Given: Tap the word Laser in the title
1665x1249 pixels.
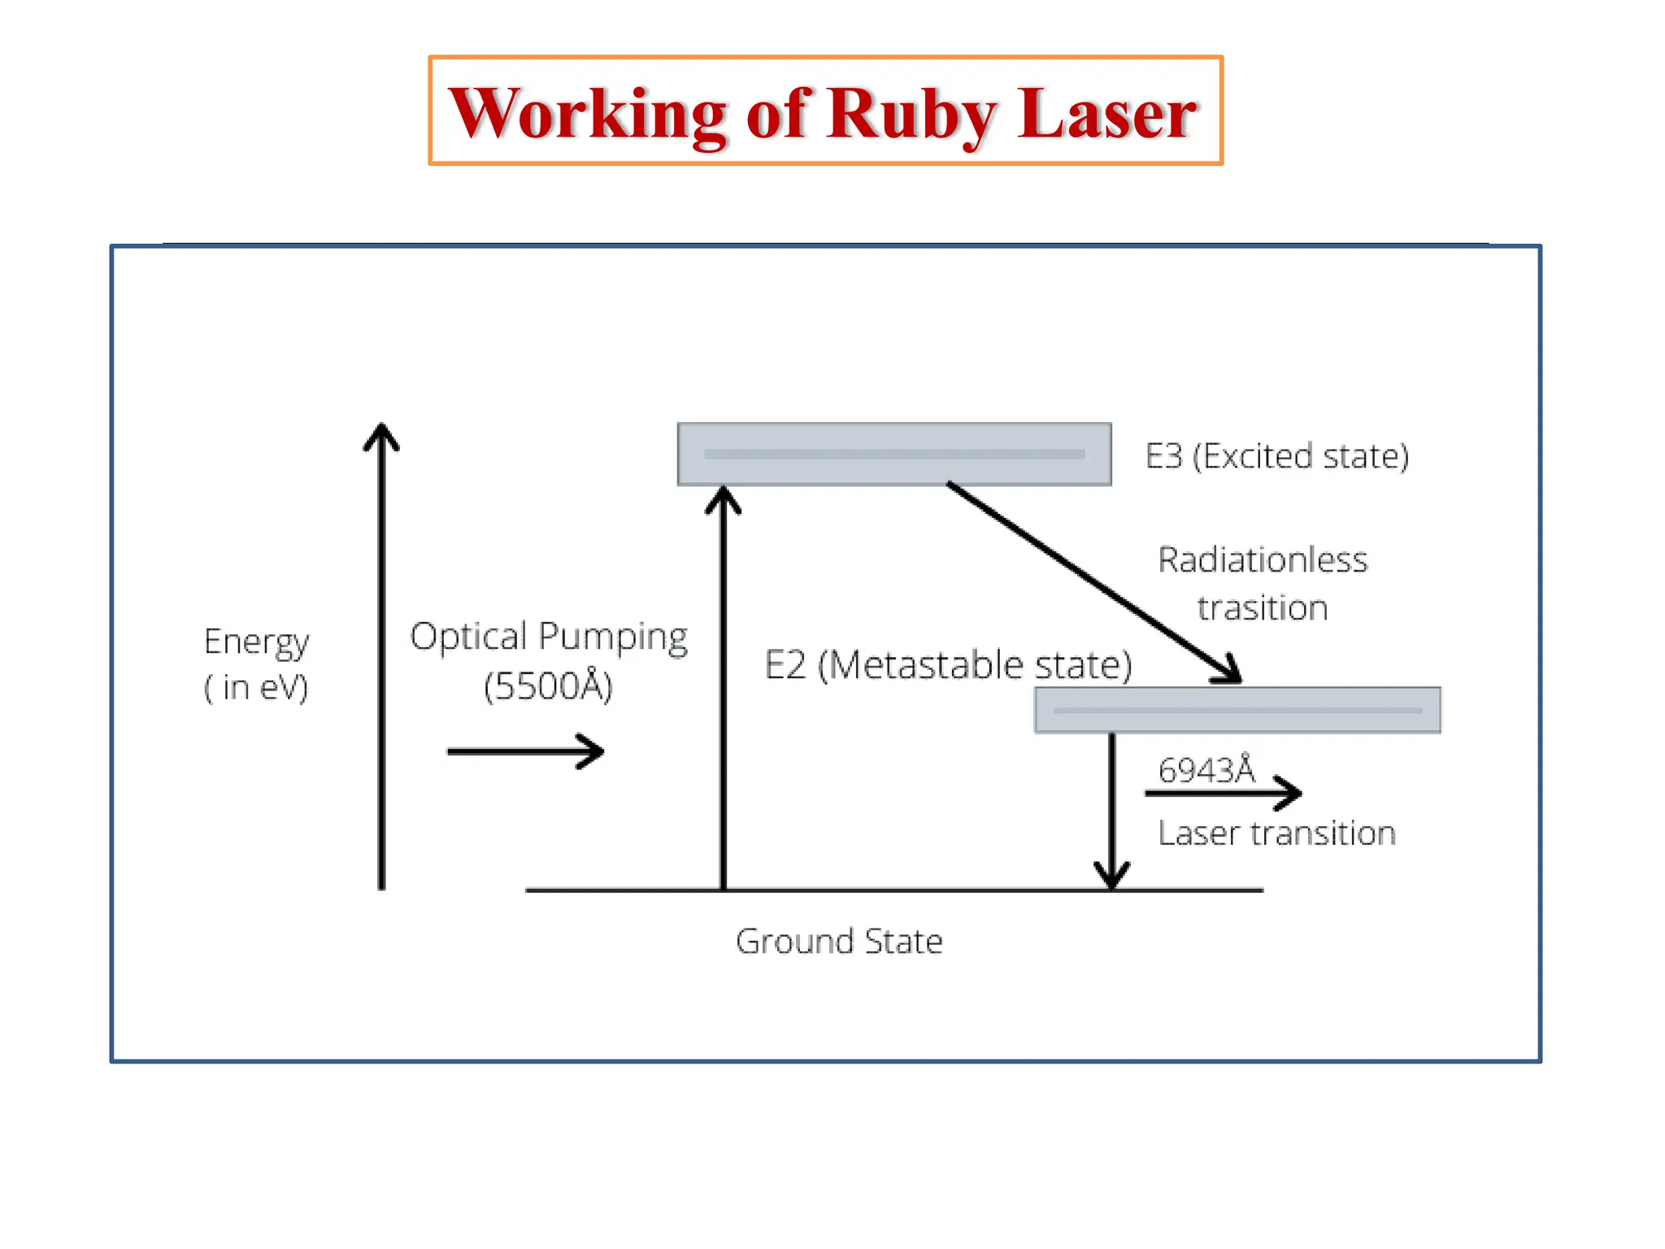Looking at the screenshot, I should [1106, 114].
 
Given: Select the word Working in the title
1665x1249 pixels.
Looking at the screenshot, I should [587, 114].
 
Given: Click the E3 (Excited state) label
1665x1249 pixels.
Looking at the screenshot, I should [1276, 456].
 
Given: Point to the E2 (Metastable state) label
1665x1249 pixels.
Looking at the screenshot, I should [948, 665].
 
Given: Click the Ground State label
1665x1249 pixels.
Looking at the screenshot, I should [839, 942].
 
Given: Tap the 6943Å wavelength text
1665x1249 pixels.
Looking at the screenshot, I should [1206, 769].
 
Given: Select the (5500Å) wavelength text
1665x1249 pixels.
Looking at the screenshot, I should [548, 686].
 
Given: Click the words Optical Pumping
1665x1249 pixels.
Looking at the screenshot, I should [549, 637].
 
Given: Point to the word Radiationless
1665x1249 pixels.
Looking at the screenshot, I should [1263, 560].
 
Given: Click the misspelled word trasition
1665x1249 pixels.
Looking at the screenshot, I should [1263, 608].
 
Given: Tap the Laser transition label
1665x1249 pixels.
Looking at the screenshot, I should [1276, 833].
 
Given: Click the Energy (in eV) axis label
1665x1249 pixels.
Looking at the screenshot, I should [256, 664].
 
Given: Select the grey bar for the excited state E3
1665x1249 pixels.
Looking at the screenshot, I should [894, 454].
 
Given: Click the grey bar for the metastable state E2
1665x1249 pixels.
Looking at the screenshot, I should [1237, 710].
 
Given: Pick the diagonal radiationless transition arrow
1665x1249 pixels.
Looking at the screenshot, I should [1093, 582].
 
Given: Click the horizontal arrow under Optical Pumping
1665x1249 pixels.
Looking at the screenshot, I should [525, 751].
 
